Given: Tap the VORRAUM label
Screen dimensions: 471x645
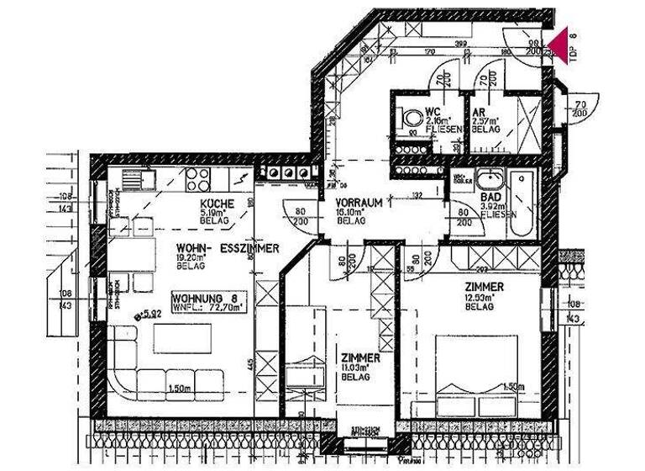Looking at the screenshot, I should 360,203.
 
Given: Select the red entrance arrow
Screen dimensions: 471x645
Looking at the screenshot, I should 558,43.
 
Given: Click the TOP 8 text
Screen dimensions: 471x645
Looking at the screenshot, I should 574,46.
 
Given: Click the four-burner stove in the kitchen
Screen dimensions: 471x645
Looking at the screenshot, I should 197,177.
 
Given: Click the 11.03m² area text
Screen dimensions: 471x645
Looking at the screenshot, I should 361,368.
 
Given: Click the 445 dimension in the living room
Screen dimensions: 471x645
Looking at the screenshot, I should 249,365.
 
